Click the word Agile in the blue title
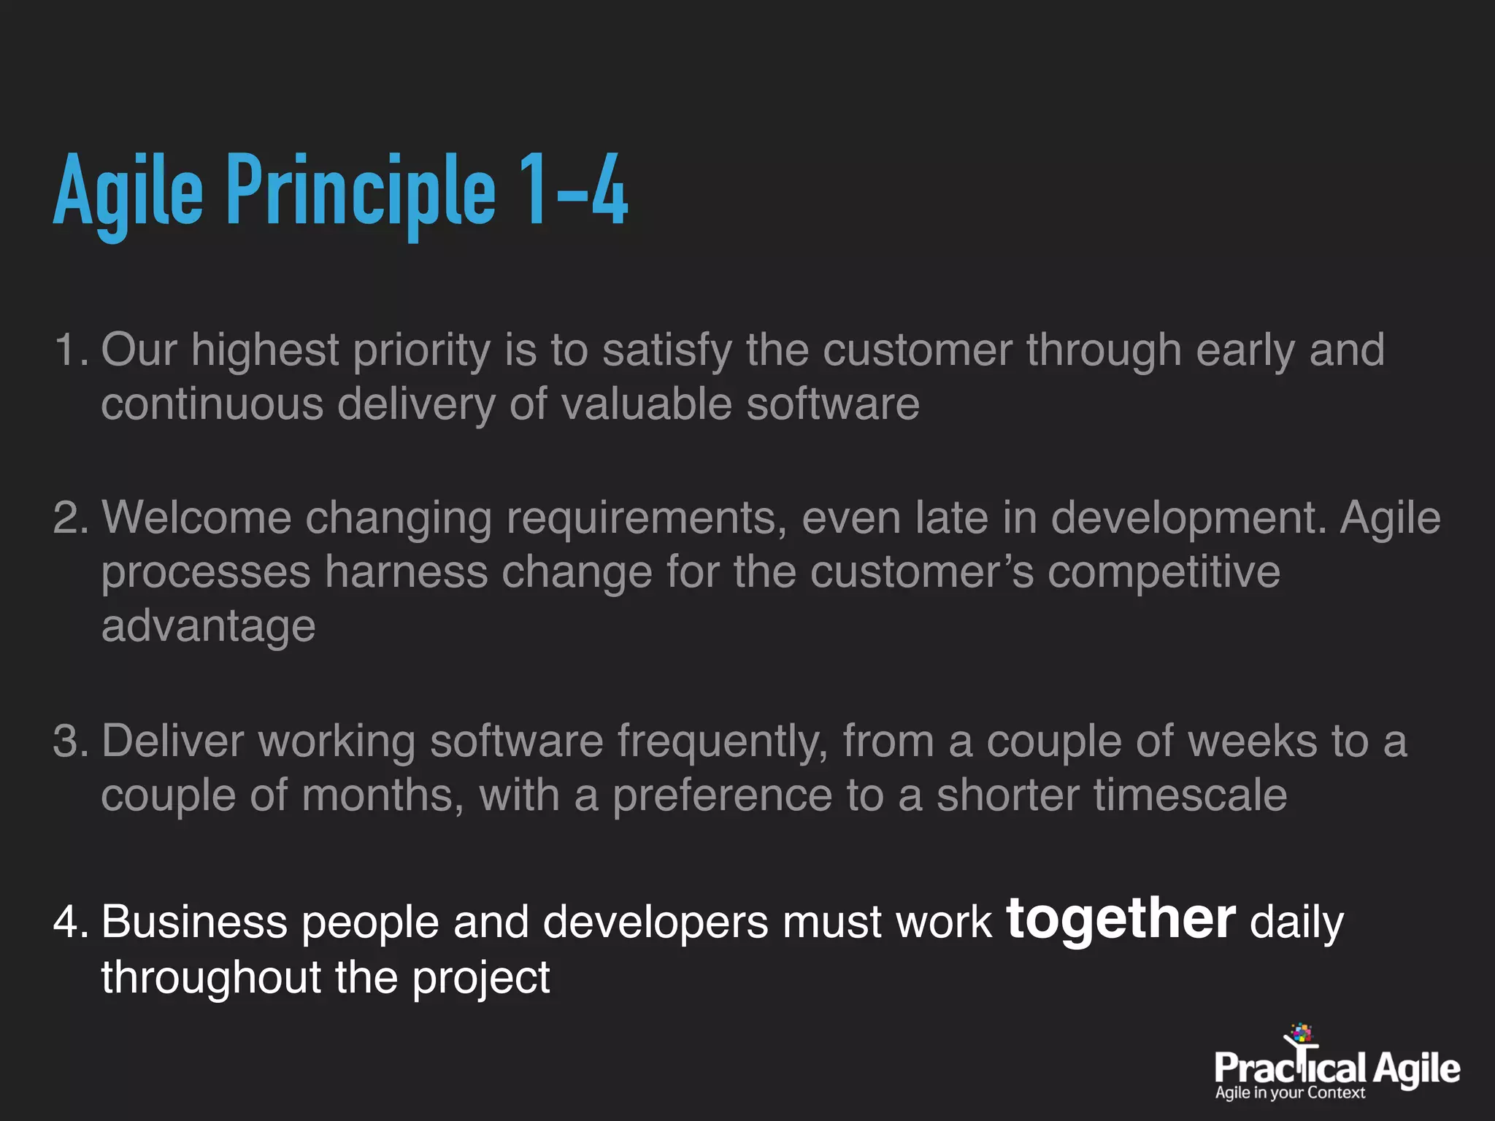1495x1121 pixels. [x=128, y=191]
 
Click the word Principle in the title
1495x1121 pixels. [x=361, y=191]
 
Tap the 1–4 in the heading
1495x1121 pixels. [x=573, y=191]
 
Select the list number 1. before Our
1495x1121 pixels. [x=71, y=350]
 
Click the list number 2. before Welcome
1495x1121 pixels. [x=71, y=517]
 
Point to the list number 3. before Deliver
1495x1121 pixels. [x=71, y=741]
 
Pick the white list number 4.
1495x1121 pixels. [x=71, y=922]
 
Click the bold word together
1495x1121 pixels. [x=1121, y=919]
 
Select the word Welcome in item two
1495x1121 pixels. [x=196, y=517]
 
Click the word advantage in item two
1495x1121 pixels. [x=208, y=627]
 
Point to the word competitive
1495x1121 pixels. [x=1164, y=571]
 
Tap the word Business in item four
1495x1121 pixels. [x=194, y=922]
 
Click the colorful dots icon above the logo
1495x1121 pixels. [x=1302, y=1033]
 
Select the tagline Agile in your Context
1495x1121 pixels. [x=1290, y=1093]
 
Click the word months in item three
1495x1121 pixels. [x=383, y=795]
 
